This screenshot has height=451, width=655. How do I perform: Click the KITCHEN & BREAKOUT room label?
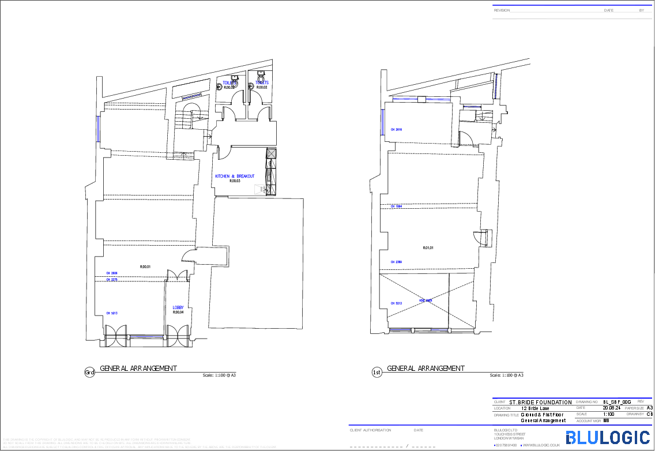tap(235, 176)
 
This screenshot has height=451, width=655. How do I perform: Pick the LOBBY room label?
tap(178, 307)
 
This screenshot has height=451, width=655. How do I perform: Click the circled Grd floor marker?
tap(89, 373)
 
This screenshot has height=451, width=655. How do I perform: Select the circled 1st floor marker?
tap(377, 373)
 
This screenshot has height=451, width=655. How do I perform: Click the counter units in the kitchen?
tap(270, 171)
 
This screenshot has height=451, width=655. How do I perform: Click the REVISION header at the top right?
tap(502, 10)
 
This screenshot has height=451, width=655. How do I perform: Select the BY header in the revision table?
tap(642, 10)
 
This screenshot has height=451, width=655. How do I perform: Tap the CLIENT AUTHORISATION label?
tap(370, 430)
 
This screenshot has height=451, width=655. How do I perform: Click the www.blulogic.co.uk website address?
tap(541, 445)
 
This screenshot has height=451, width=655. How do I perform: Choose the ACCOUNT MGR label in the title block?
tap(589, 421)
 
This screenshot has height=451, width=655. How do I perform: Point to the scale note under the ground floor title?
tap(220, 375)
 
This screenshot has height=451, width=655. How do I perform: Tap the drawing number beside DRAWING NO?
tap(617, 401)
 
